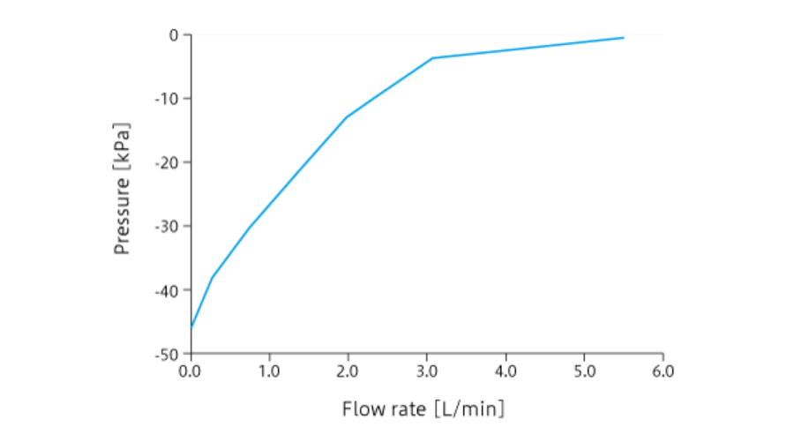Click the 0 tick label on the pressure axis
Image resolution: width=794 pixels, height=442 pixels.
(x=174, y=35)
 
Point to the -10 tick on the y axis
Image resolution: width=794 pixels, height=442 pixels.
(x=168, y=99)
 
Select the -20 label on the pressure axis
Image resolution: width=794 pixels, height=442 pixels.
(x=168, y=162)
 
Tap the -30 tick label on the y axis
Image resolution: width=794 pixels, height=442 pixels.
(x=168, y=227)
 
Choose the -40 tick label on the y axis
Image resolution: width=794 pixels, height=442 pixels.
(x=168, y=290)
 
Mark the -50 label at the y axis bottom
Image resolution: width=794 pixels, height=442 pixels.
(x=168, y=354)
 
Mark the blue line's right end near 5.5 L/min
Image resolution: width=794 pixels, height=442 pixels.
(x=624, y=38)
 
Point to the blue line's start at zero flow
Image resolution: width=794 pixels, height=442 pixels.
(x=191, y=327)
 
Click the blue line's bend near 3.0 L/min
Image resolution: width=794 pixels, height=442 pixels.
(x=432, y=58)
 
